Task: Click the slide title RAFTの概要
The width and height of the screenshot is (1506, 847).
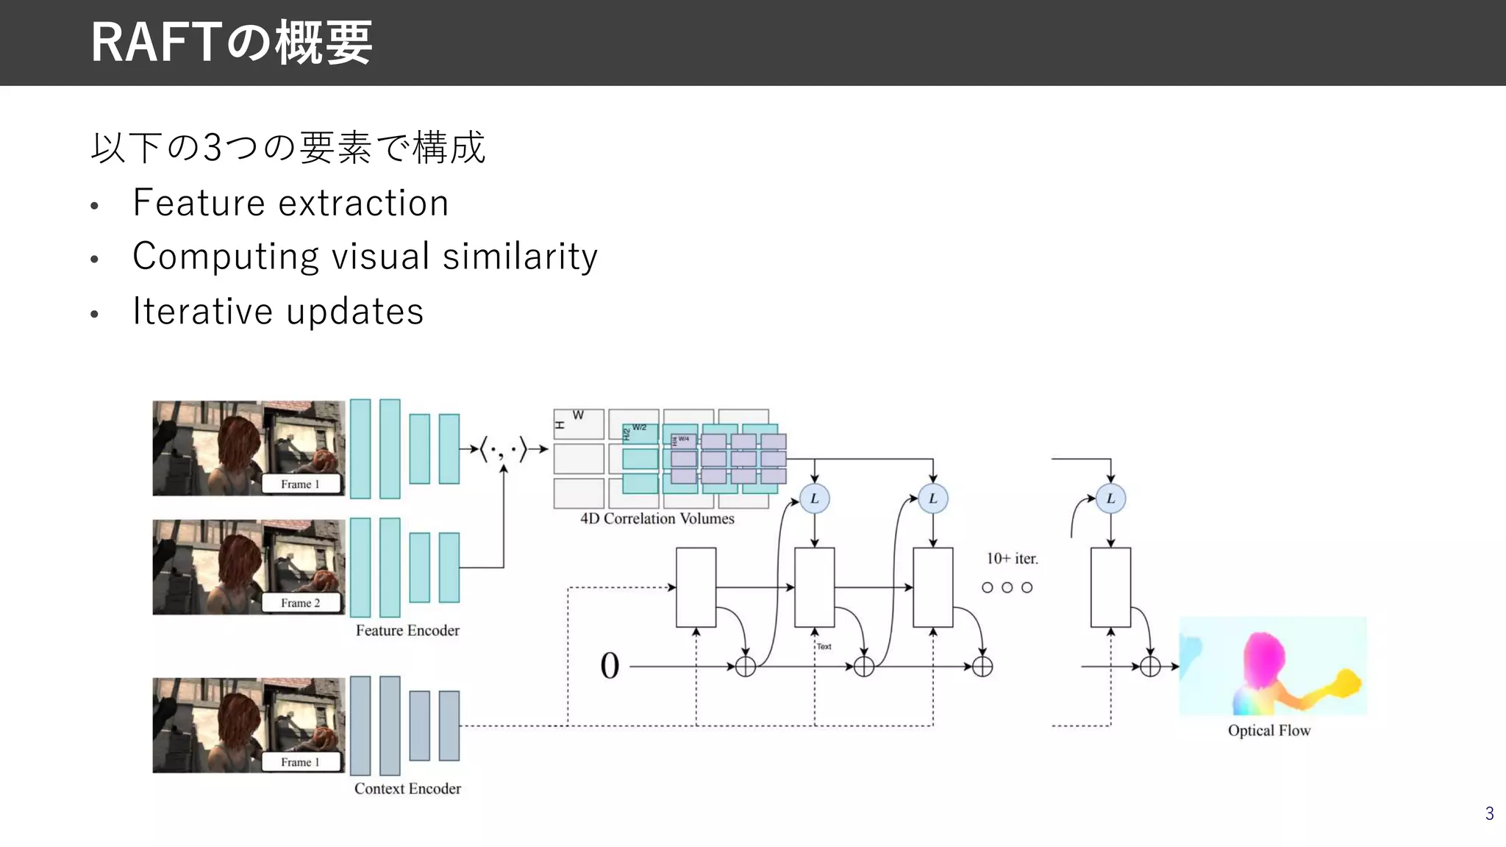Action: click(x=231, y=43)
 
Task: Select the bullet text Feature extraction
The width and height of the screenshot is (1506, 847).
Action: click(x=290, y=203)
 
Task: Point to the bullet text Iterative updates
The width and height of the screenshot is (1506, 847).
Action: click(x=278, y=311)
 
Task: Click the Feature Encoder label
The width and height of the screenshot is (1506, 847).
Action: click(x=407, y=630)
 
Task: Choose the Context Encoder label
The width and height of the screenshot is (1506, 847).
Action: click(x=407, y=788)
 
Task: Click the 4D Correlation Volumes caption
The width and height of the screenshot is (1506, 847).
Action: click(x=657, y=518)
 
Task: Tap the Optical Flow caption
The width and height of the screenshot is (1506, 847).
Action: click(x=1268, y=730)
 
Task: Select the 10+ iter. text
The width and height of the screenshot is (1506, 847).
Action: click(x=1012, y=559)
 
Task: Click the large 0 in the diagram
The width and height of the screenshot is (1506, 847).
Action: click(x=610, y=666)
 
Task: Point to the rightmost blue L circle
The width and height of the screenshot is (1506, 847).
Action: click(x=1110, y=498)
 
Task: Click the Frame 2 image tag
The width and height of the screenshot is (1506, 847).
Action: click(x=301, y=603)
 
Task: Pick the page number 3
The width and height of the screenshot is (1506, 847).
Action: click(x=1489, y=813)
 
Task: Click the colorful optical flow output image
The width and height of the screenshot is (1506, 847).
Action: click(x=1272, y=666)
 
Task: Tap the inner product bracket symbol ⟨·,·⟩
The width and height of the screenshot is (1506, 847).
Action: click(x=504, y=448)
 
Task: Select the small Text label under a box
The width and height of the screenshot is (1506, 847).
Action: click(x=824, y=646)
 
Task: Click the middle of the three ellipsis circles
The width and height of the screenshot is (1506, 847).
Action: click(x=1007, y=587)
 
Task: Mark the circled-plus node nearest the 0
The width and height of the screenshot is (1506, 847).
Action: click(x=745, y=667)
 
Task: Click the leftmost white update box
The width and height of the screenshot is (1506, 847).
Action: click(x=696, y=587)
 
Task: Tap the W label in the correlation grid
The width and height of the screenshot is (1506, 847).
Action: click(x=578, y=415)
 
